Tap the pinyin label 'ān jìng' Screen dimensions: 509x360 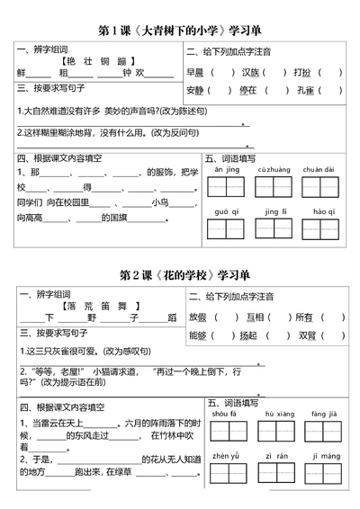point(221,169)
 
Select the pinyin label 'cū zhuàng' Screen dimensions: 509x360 point(271,169)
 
